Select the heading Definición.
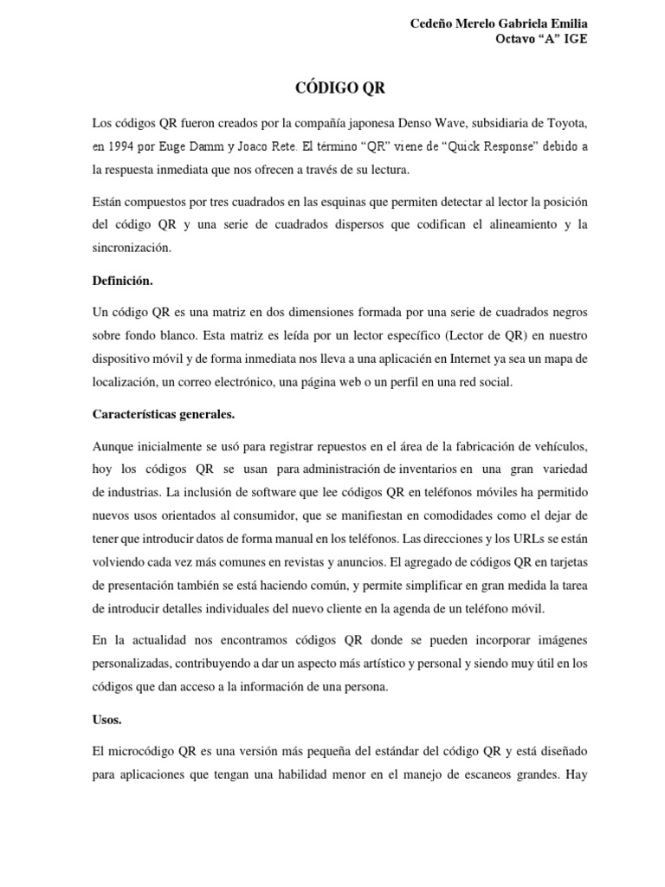pos(123,281)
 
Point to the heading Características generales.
pos(164,414)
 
